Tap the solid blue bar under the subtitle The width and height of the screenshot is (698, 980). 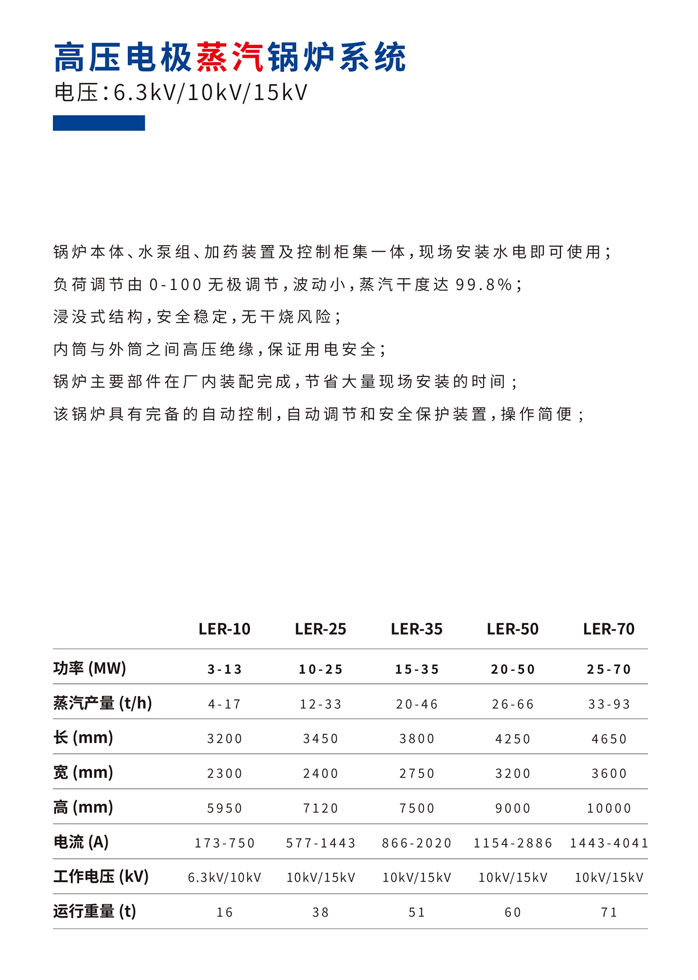point(99,123)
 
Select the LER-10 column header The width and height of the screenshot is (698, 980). point(224,629)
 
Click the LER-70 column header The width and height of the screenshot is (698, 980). point(609,629)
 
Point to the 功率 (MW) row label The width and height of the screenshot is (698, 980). point(90,668)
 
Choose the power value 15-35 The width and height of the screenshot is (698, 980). point(417,669)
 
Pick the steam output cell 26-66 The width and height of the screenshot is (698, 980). point(513,704)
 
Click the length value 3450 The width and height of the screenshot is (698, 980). point(321,739)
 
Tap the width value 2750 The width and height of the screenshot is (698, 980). point(417,774)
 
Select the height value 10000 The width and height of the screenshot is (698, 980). point(609,808)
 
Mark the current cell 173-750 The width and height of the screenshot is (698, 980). point(224,843)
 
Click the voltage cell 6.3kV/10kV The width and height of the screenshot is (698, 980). point(224,877)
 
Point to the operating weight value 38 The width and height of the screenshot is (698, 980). point(321,912)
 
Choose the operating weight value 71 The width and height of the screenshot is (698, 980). point(609,912)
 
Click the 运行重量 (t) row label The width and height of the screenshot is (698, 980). point(95,911)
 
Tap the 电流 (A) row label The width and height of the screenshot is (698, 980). point(81,841)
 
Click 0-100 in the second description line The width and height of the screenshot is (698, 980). point(175,285)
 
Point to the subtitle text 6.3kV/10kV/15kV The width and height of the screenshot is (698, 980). point(210,93)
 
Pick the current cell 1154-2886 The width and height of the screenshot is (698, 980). point(513,843)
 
